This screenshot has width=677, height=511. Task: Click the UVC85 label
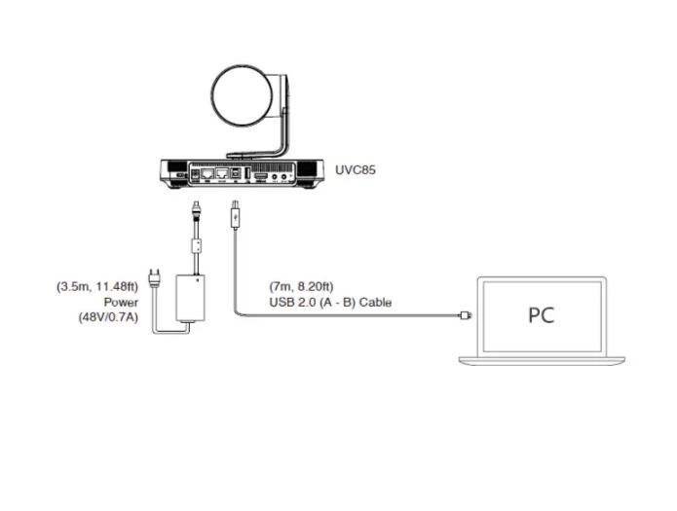[356, 170]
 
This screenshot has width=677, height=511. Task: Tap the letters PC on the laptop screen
[541, 315]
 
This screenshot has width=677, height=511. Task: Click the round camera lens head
[243, 95]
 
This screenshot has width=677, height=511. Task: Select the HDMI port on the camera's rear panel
[261, 176]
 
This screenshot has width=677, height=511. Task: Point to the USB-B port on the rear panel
[236, 174]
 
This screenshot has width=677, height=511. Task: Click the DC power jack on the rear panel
[195, 175]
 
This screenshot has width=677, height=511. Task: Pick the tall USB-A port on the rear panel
[247, 173]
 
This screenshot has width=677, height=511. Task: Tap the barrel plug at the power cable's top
[196, 210]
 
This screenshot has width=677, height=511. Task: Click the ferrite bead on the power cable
[197, 246]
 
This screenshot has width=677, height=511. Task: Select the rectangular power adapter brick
[190, 298]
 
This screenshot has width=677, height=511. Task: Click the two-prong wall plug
[154, 278]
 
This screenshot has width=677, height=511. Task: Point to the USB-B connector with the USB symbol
[236, 215]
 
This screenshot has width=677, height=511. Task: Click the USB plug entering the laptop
[466, 315]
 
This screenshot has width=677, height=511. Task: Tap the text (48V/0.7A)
[108, 317]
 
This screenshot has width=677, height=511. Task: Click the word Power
[122, 302]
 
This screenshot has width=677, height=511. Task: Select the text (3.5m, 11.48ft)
[97, 286]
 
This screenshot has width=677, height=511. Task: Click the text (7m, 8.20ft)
[301, 286]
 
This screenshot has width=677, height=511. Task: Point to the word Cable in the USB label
[375, 302]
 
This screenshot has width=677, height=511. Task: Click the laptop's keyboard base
[542, 361]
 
